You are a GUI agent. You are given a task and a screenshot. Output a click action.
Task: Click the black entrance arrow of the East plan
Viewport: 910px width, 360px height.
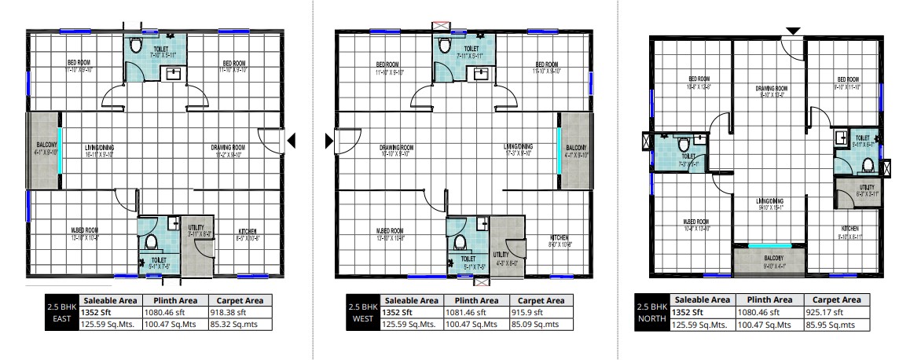coord(292,141)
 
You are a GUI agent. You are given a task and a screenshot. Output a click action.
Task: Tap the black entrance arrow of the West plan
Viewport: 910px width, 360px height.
coord(328,141)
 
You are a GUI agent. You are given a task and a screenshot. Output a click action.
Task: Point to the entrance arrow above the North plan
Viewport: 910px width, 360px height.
coord(794,31)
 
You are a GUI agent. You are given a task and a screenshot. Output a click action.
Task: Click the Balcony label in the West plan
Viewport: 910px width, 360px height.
coord(576,147)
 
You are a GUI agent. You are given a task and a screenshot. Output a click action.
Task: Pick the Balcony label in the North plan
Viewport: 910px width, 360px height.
coord(769,257)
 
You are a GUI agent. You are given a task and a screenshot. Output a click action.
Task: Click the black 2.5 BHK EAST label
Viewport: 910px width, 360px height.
coord(60,311)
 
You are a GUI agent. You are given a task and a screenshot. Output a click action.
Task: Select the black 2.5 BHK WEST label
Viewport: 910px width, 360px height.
coord(362,311)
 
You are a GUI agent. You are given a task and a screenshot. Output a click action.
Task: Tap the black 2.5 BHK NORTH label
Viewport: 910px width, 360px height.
coord(651,311)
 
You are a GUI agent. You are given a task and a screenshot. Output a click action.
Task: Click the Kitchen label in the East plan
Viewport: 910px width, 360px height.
coord(248,231)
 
